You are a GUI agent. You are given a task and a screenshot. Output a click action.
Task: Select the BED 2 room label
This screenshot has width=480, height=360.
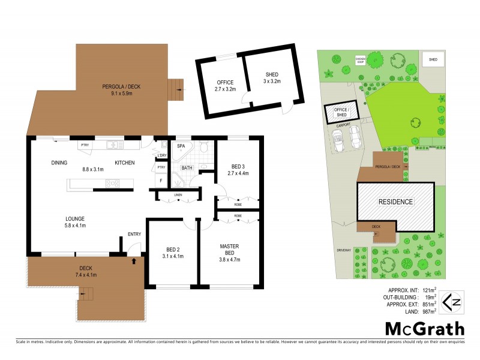coord(174,252)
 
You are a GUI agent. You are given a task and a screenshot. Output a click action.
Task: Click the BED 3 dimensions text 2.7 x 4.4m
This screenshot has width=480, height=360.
coord(239,173)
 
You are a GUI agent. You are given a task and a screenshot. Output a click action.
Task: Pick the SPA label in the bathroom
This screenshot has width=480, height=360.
coord(181,146)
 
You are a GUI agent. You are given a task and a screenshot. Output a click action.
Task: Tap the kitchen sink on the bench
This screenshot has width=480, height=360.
coord(113,145)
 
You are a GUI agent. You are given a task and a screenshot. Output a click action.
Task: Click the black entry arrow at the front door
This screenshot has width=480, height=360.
coord(134,261)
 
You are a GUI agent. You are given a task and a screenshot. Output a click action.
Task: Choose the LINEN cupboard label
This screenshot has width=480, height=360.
coord(178,195)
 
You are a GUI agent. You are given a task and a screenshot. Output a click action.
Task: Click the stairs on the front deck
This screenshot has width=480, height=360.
coord(87,294)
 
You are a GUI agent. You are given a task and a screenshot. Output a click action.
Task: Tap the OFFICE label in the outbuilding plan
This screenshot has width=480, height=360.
coord(225,82)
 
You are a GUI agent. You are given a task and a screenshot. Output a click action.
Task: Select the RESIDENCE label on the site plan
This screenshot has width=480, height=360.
coord(395,202)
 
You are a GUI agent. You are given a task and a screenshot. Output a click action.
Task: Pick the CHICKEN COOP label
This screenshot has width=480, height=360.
coord(360,60)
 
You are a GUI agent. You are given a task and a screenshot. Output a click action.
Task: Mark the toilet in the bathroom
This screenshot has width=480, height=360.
coord(204,148)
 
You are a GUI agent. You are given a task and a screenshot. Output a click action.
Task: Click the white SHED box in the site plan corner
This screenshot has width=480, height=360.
coord(433,60)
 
